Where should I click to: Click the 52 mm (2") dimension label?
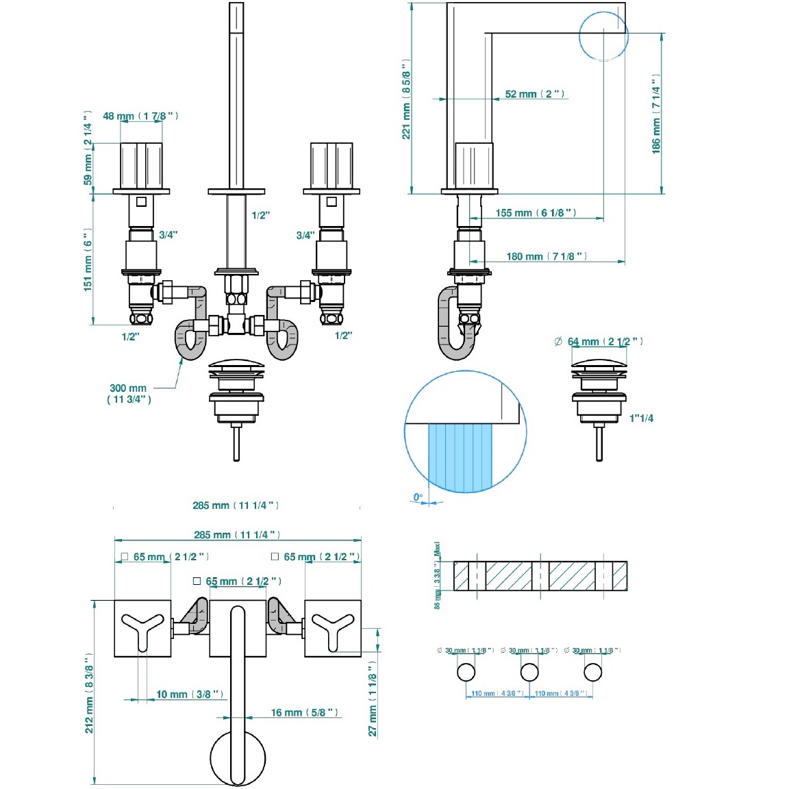(x=534, y=95)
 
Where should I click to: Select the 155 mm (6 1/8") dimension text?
(x=536, y=213)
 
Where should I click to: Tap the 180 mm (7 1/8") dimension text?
(x=546, y=257)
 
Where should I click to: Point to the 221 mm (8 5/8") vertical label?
(x=406, y=99)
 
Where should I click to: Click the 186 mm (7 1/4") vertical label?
(x=656, y=114)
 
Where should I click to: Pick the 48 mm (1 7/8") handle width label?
(x=140, y=116)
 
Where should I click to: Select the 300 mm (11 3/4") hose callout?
(x=129, y=394)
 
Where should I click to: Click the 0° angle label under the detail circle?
(x=418, y=497)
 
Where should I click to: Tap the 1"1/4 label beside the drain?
(x=641, y=418)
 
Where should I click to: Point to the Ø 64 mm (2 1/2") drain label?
(x=599, y=342)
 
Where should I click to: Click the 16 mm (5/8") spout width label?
(x=304, y=713)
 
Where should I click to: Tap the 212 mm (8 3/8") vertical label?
(x=89, y=693)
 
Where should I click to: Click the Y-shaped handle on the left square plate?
(x=142, y=629)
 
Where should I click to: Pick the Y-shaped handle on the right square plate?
(x=333, y=629)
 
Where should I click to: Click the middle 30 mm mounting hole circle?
(x=529, y=672)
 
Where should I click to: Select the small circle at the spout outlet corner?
(x=603, y=36)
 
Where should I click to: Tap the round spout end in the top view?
(x=237, y=759)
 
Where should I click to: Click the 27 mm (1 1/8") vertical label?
(x=373, y=699)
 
